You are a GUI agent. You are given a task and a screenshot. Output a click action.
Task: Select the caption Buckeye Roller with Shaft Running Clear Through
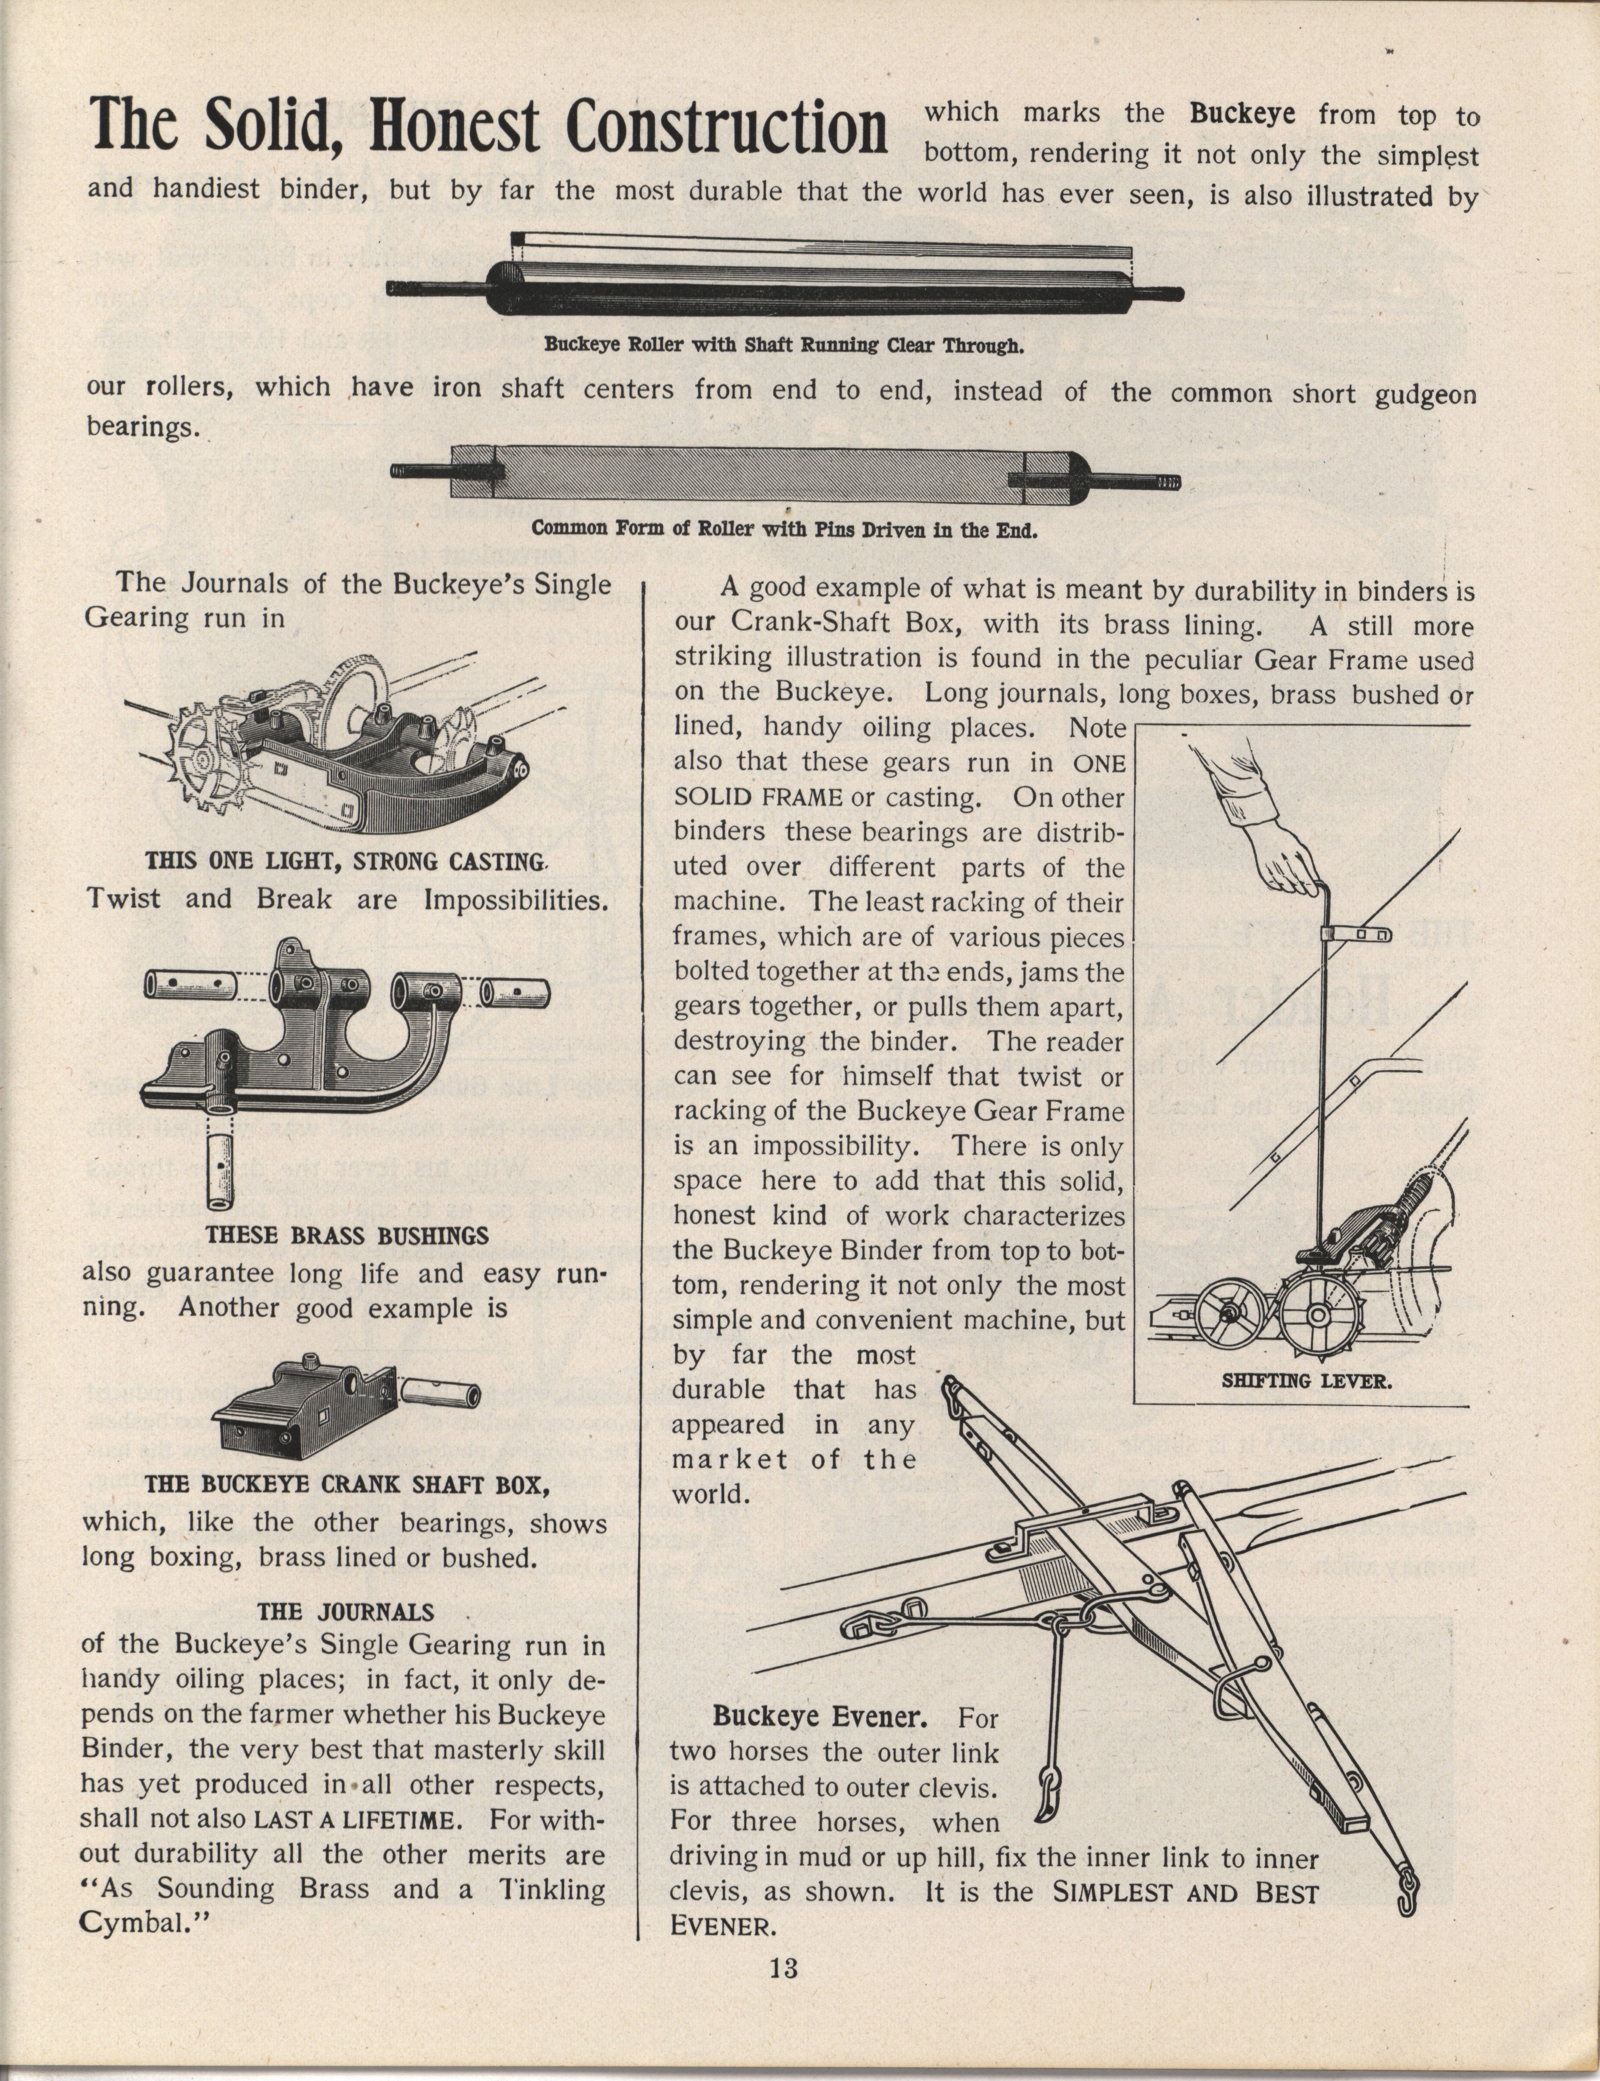point(784,345)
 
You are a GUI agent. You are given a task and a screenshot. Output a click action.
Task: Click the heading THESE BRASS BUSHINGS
point(348,1236)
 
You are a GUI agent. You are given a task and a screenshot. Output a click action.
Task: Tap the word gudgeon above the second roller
point(1425,394)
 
